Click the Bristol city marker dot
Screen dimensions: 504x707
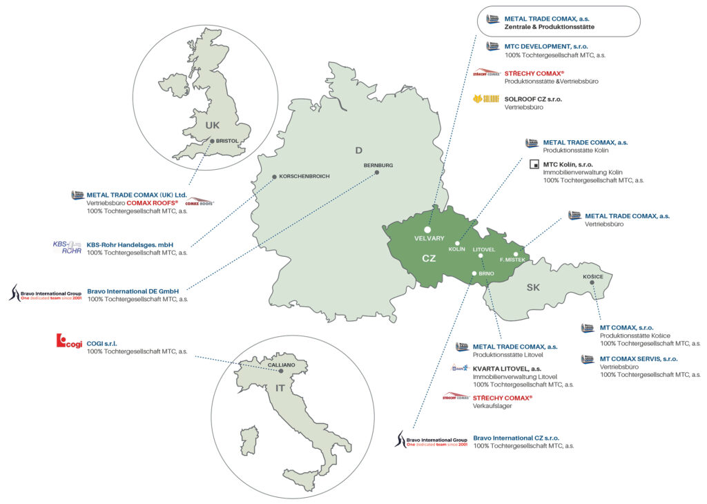[212, 141]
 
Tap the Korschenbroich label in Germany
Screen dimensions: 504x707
[304, 176]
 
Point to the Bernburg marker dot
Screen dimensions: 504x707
[377, 173]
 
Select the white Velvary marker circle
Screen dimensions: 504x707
[427, 229]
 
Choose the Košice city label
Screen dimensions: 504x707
[593, 278]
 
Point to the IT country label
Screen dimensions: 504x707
[280, 388]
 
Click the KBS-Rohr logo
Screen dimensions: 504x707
[67, 247]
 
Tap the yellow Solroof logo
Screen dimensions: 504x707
[486, 99]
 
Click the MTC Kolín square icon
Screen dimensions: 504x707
[533, 164]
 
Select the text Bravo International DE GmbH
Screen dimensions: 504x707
[133, 291]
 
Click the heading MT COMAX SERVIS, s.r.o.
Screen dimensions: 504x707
[639, 359]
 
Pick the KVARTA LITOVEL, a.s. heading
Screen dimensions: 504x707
[507, 369]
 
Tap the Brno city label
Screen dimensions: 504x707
[486, 274]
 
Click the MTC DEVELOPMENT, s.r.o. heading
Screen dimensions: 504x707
[546, 46]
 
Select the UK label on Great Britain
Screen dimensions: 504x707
[212, 125]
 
